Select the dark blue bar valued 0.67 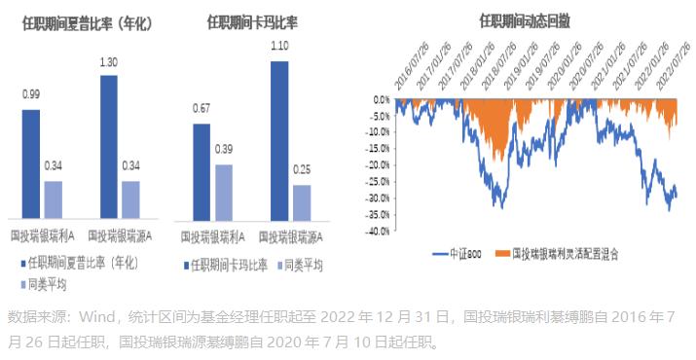point(201,172)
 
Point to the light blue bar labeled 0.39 point(224,192)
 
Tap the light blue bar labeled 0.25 point(302,201)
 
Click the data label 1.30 point(109,63)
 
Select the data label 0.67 point(201,108)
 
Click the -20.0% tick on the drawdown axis point(378,164)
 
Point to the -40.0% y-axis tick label point(378,232)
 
